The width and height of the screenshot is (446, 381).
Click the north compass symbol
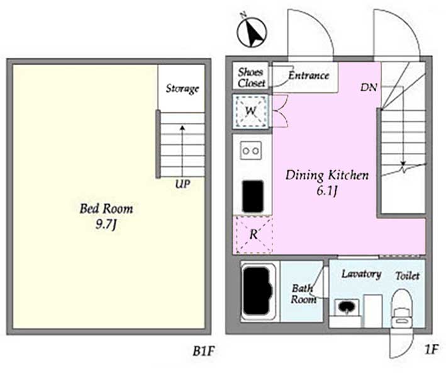pyautogui.click(x=252, y=31)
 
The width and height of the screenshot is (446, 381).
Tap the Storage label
pyautogui.click(x=182, y=89)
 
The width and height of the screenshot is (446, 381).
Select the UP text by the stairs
pyautogui.click(x=182, y=185)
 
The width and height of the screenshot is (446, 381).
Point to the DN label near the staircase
pyautogui.click(x=369, y=87)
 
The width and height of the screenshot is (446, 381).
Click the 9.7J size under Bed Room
pyautogui.click(x=106, y=225)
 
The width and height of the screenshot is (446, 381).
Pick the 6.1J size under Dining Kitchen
pyautogui.click(x=327, y=191)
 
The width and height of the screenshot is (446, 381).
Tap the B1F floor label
pyautogui.click(x=203, y=351)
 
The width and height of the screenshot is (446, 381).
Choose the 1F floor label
pyautogui.click(x=431, y=349)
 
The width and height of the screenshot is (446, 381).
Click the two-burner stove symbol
pyautogui.click(x=251, y=151)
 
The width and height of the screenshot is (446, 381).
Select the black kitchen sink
pyautogui.click(x=253, y=196)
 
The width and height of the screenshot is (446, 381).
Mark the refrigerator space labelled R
pyautogui.click(x=253, y=235)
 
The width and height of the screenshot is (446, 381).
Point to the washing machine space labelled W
pyautogui.click(x=250, y=111)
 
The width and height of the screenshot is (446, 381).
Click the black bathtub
pyautogui.click(x=257, y=291)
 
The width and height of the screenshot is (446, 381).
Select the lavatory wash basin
pyautogui.click(x=347, y=307)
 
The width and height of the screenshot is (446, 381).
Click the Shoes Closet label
pyautogui.click(x=251, y=77)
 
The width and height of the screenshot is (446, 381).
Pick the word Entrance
pyautogui.click(x=309, y=76)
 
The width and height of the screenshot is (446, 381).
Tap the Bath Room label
pyautogui.click(x=303, y=294)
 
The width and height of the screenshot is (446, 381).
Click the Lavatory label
pyautogui.click(x=361, y=274)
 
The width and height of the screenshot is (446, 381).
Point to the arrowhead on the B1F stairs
pyautogui.click(x=182, y=128)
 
